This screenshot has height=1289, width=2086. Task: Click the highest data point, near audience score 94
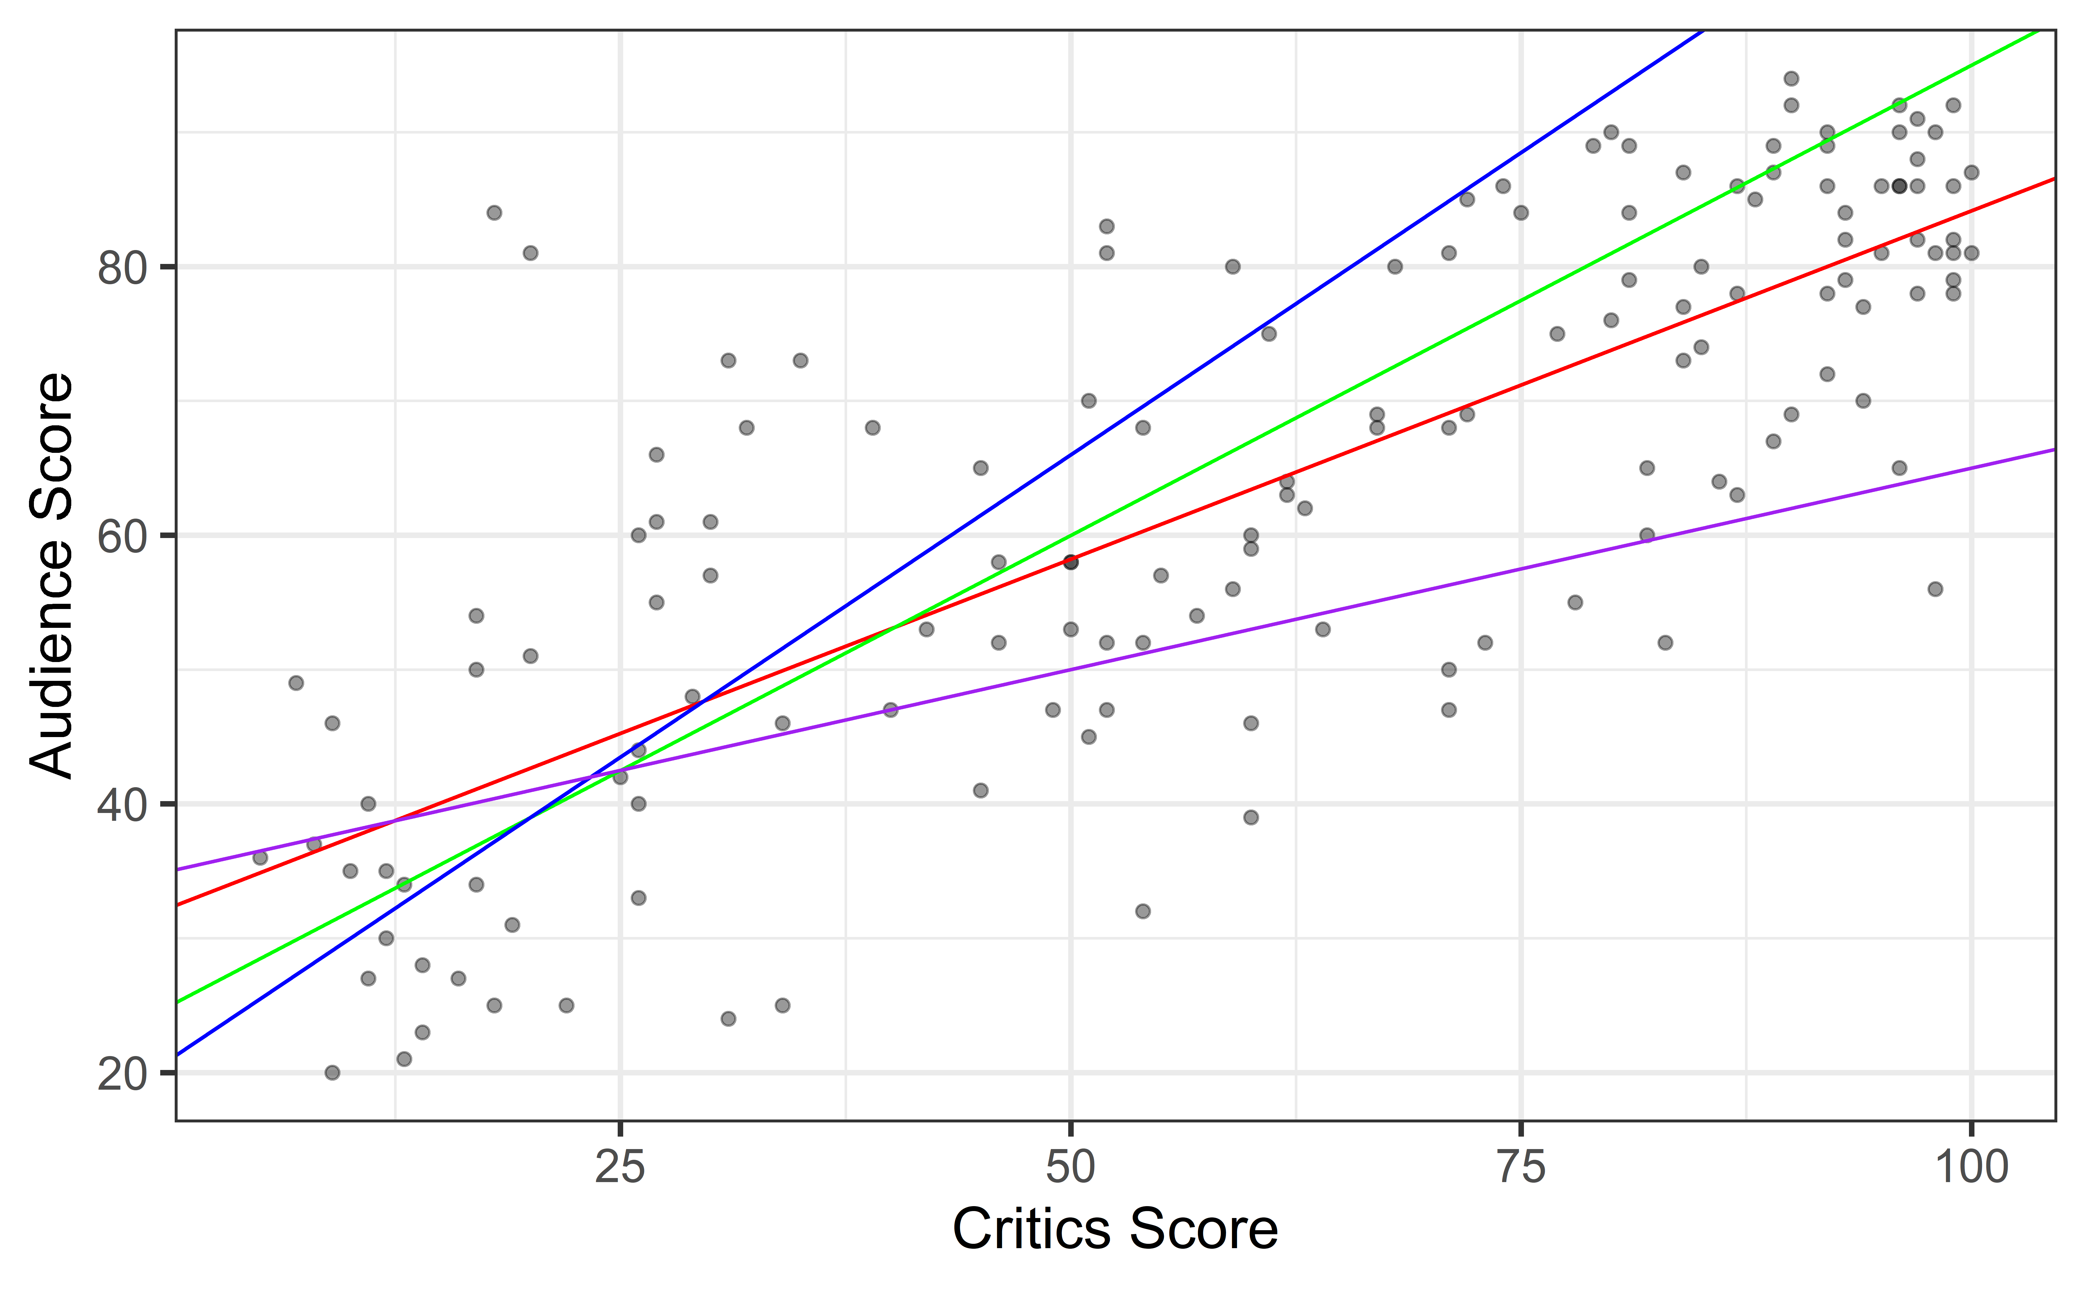[x=1791, y=79]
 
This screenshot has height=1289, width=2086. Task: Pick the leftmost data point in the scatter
[x=260, y=858]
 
